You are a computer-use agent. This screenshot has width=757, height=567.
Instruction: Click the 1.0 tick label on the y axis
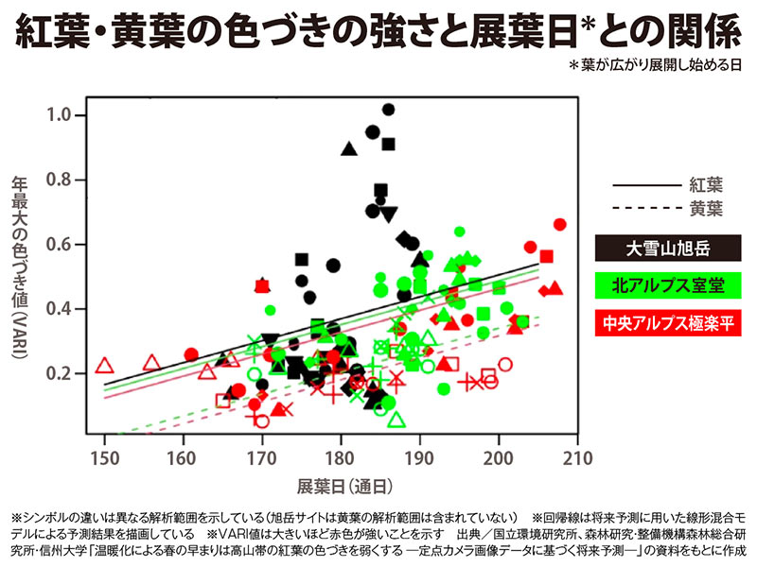(61, 115)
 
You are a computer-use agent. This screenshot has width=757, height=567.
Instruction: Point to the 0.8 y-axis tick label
(61, 180)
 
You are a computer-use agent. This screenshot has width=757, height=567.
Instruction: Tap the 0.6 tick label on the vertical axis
(61, 245)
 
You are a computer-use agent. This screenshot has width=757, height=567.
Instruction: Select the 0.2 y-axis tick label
(61, 374)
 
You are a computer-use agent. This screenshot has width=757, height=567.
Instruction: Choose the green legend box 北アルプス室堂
(667, 284)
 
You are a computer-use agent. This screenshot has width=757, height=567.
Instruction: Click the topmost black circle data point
(388, 110)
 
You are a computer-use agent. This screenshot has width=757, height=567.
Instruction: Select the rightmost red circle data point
(559, 225)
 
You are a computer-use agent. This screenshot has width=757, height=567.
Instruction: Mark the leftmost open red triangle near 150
(105, 366)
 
